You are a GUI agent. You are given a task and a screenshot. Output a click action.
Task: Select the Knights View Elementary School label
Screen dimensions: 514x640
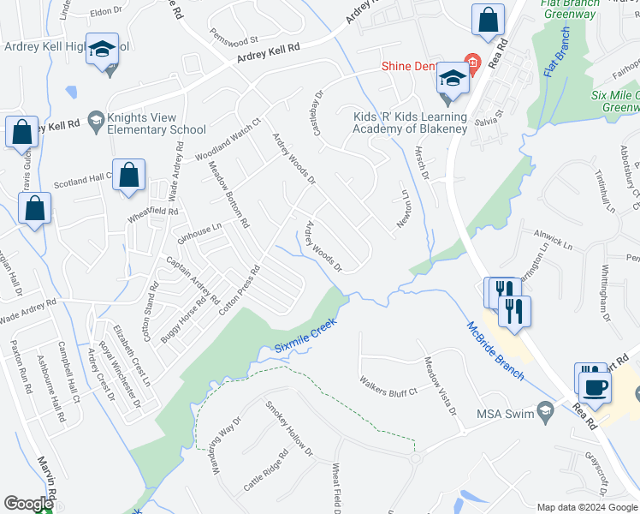157,123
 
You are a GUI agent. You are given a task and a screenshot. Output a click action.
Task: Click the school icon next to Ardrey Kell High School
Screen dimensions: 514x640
102,51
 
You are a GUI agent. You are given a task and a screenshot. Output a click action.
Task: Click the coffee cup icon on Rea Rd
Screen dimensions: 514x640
595,385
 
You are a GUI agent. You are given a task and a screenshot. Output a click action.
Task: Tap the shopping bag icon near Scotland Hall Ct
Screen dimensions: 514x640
128,175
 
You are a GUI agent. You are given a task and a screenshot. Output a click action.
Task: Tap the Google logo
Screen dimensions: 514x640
28,504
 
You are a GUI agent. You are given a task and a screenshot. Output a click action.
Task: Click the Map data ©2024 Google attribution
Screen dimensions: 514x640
586,506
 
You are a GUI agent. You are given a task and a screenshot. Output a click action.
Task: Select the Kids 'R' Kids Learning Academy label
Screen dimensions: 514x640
411,123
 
